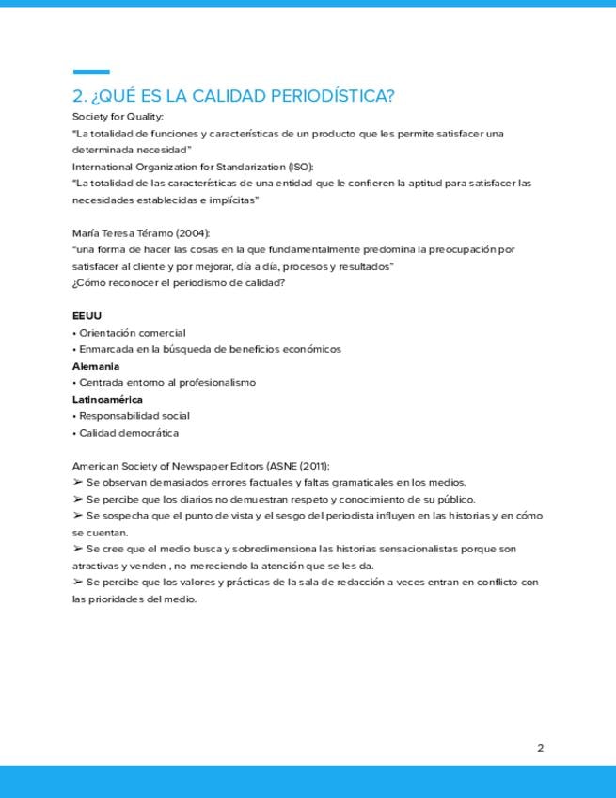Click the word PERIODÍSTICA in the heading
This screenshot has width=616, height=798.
tap(332, 96)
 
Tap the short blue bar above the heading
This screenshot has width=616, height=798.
tap(91, 72)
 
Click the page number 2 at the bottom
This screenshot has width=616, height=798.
tap(541, 749)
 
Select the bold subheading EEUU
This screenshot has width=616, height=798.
tap(87, 315)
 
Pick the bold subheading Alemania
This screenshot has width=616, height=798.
tap(96, 366)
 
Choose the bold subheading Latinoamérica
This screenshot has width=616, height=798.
tap(107, 399)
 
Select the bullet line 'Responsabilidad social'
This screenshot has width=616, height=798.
tap(134, 416)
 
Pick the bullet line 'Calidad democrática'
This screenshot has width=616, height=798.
tap(128, 433)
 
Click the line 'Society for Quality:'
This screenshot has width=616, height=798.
tap(118, 117)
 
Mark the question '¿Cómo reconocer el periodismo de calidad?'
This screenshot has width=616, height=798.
tap(179, 282)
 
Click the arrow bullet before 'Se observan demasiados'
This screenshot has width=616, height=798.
tap(77, 482)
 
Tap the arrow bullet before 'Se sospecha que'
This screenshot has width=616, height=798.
tap(77, 516)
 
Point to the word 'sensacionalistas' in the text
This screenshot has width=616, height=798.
tap(418, 549)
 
